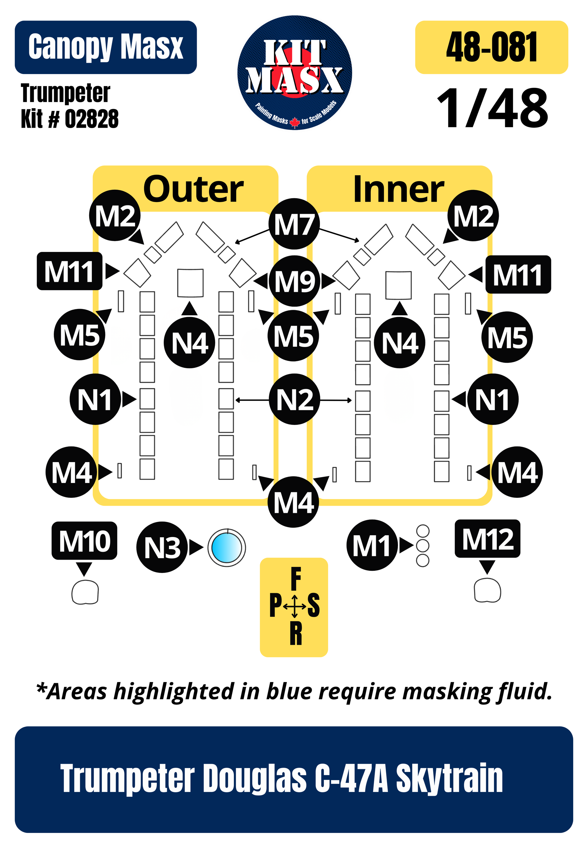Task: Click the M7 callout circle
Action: [294, 224]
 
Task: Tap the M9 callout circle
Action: [294, 281]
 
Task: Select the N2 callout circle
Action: [294, 400]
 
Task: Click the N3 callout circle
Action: [162, 547]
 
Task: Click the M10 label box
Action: [84, 541]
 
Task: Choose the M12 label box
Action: [487, 538]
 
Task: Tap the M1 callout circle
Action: [372, 545]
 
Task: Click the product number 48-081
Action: [492, 47]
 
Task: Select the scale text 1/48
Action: [493, 109]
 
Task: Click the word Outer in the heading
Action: [193, 189]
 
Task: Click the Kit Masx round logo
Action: [294, 73]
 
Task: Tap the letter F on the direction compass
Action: [296, 579]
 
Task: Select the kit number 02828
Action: [92, 119]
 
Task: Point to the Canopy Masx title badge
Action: [106, 47]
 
